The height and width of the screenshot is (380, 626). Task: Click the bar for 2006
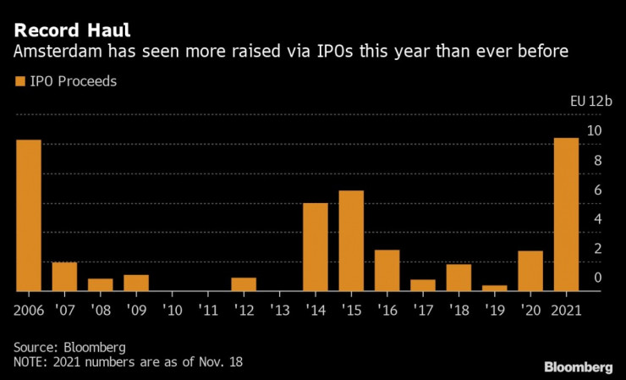click(x=29, y=215)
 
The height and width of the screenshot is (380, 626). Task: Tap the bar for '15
click(x=351, y=240)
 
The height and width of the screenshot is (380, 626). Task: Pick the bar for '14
click(x=316, y=246)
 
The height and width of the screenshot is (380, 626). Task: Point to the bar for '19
click(x=495, y=288)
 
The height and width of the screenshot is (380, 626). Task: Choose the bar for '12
click(x=244, y=284)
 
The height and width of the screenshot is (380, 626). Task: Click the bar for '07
click(x=64, y=276)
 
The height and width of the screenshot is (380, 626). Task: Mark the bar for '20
click(x=530, y=270)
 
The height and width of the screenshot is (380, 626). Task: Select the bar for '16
click(x=387, y=270)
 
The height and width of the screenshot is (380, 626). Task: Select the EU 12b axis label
click(x=590, y=100)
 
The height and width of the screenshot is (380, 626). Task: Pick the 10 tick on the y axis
click(x=596, y=130)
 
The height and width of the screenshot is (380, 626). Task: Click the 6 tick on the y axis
click(x=597, y=190)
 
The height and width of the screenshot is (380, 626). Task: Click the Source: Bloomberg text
click(x=69, y=347)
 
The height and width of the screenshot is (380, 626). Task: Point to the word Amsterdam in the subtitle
click(x=55, y=52)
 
